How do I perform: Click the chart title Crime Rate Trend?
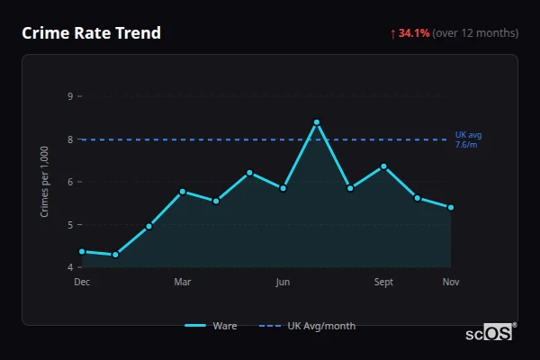click(x=91, y=33)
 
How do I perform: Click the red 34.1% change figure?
click(x=414, y=33)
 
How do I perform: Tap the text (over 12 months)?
click(x=475, y=33)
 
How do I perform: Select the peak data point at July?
click(x=317, y=122)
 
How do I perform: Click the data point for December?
click(x=82, y=252)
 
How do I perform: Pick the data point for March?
click(x=183, y=192)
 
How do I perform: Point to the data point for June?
click(x=283, y=188)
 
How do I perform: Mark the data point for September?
click(x=383, y=166)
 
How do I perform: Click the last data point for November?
click(x=451, y=207)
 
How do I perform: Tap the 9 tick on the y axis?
click(x=70, y=96)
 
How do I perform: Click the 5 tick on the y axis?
click(x=70, y=225)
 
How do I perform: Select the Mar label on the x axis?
click(x=183, y=283)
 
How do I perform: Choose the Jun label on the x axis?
click(x=283, y=283)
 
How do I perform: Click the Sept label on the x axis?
click(x=383, y=283)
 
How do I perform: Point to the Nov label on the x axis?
click(x=451, y=283)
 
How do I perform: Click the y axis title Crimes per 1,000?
click(x=45, y=181)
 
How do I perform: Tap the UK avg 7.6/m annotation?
click(x=468, y=139)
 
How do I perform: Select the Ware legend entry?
click(x=212, y=326)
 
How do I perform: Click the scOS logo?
click(x=490, y=333)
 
